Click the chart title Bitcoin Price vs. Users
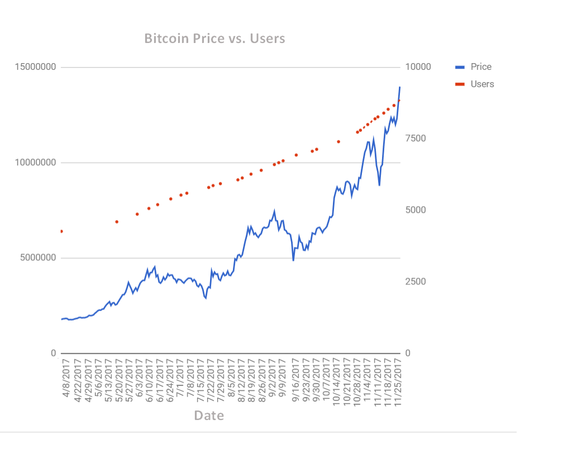point(214,39)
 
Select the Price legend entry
point(480,67)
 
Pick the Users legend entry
point(481,84)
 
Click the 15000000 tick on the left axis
point(35,67)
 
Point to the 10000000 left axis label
point(35,163)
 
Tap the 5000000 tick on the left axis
point(37,258)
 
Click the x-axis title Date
point(209,416)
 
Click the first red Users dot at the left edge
point(61,231)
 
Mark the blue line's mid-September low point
point(293,260)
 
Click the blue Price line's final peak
point(400,87)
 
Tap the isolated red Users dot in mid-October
point(338,141)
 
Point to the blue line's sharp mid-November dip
point(379,185)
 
